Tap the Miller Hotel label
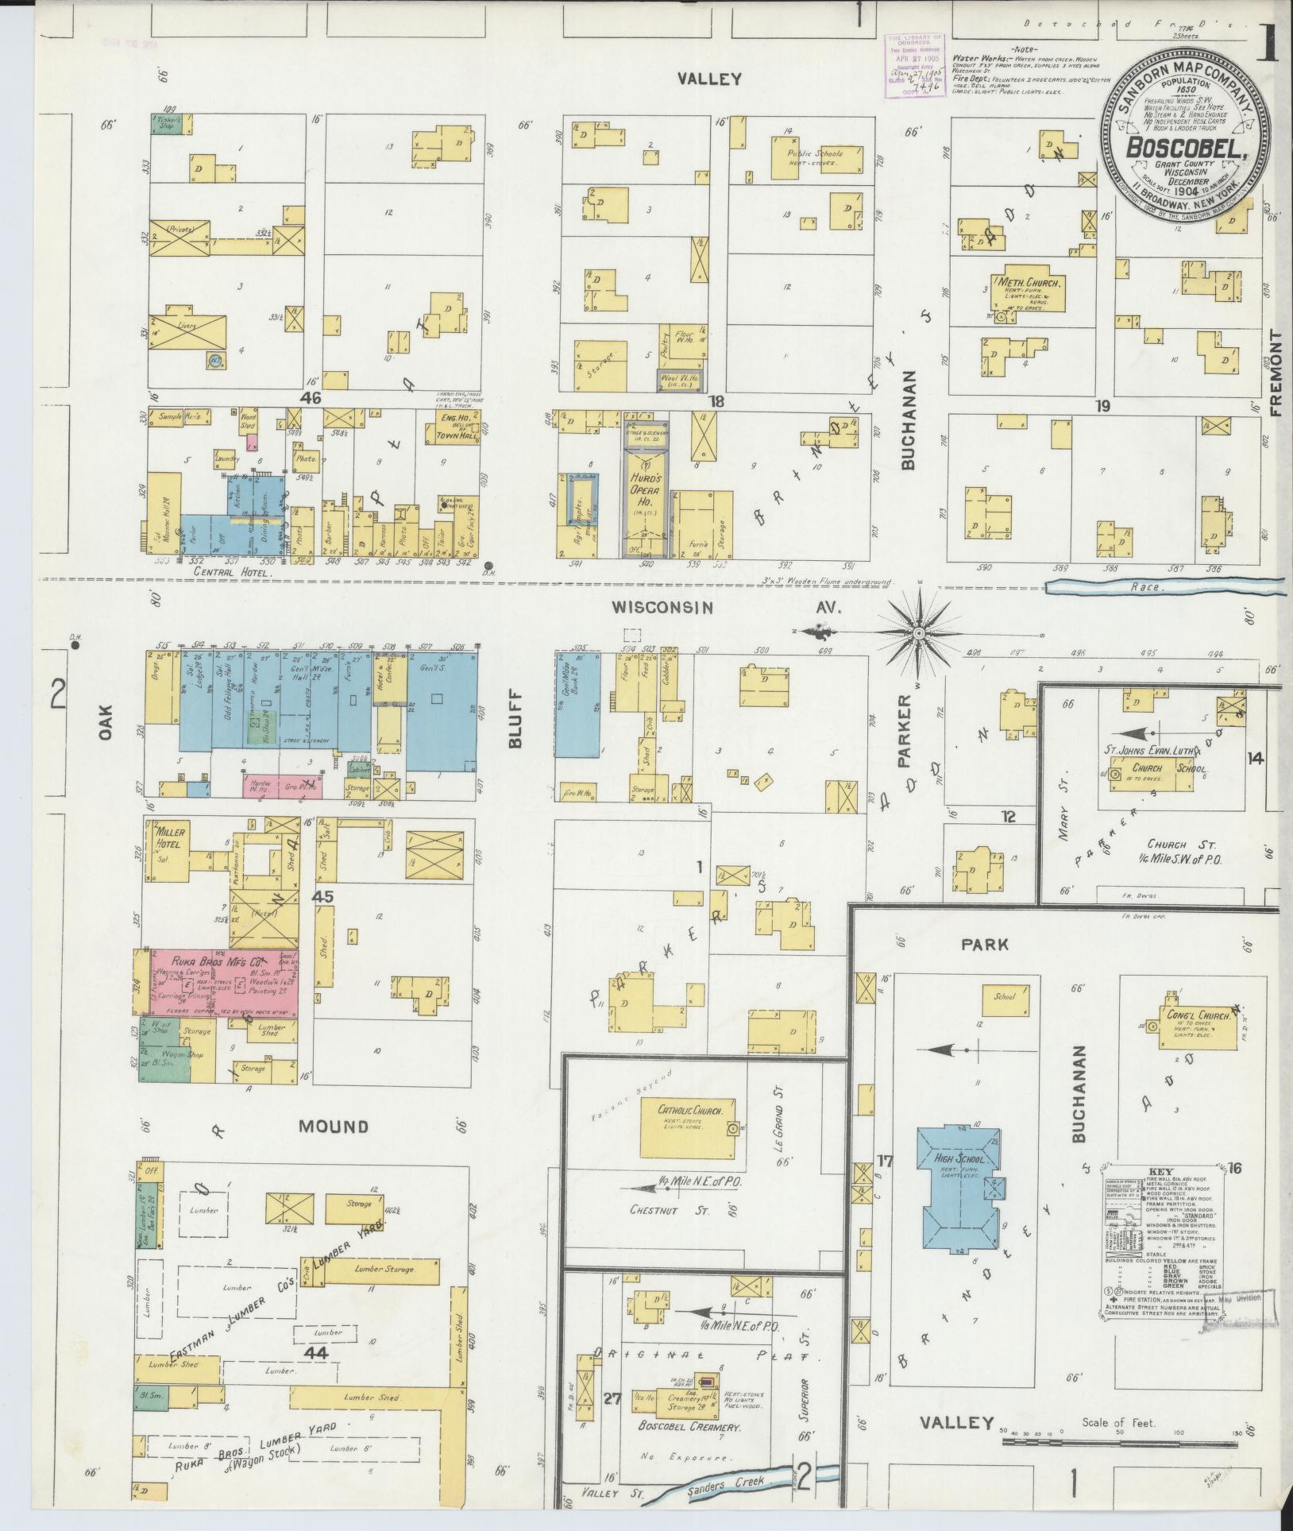(x=170, y=837)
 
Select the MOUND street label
(x=334, y=1126)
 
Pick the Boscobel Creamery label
(x=690, y=1428)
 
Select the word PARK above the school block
(x=985, y=945)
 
